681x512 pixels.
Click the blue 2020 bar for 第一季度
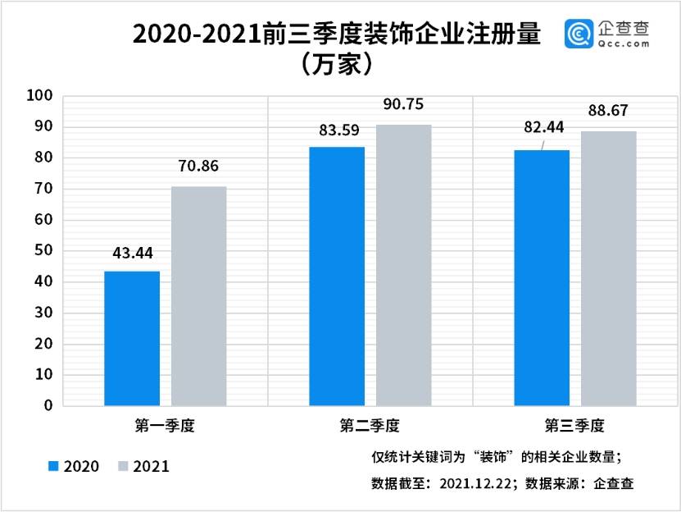132,338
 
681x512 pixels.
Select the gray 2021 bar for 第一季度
199,296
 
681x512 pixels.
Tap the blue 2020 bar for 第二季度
337,276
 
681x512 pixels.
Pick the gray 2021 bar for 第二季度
404,265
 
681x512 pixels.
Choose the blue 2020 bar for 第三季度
542,277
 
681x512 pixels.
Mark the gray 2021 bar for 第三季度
609,268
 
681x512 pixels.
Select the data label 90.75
404,105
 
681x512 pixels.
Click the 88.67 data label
608,111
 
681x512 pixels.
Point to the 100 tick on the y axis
40,96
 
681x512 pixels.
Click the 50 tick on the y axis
44,250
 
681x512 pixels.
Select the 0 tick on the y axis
48,405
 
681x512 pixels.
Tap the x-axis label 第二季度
370,426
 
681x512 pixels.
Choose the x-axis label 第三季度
574,426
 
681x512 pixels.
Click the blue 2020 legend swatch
54,466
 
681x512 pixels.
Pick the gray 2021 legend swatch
124,466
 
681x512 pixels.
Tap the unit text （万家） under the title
337,64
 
